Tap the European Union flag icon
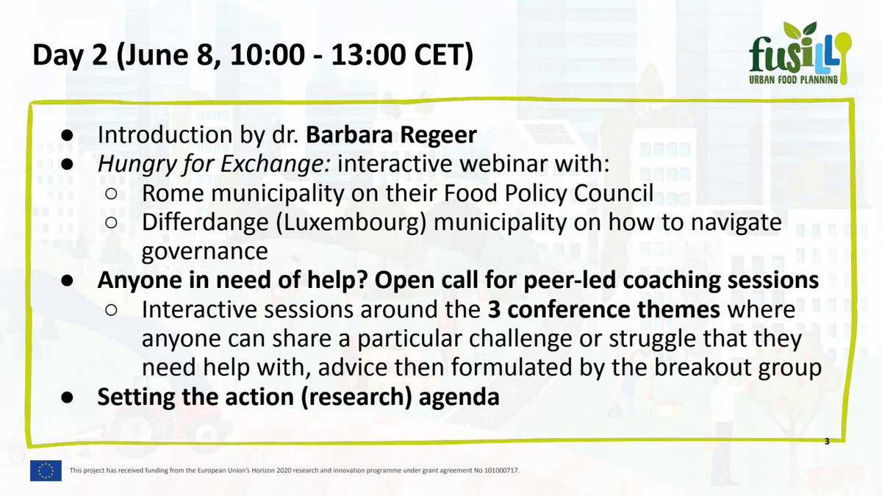[46, 471]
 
